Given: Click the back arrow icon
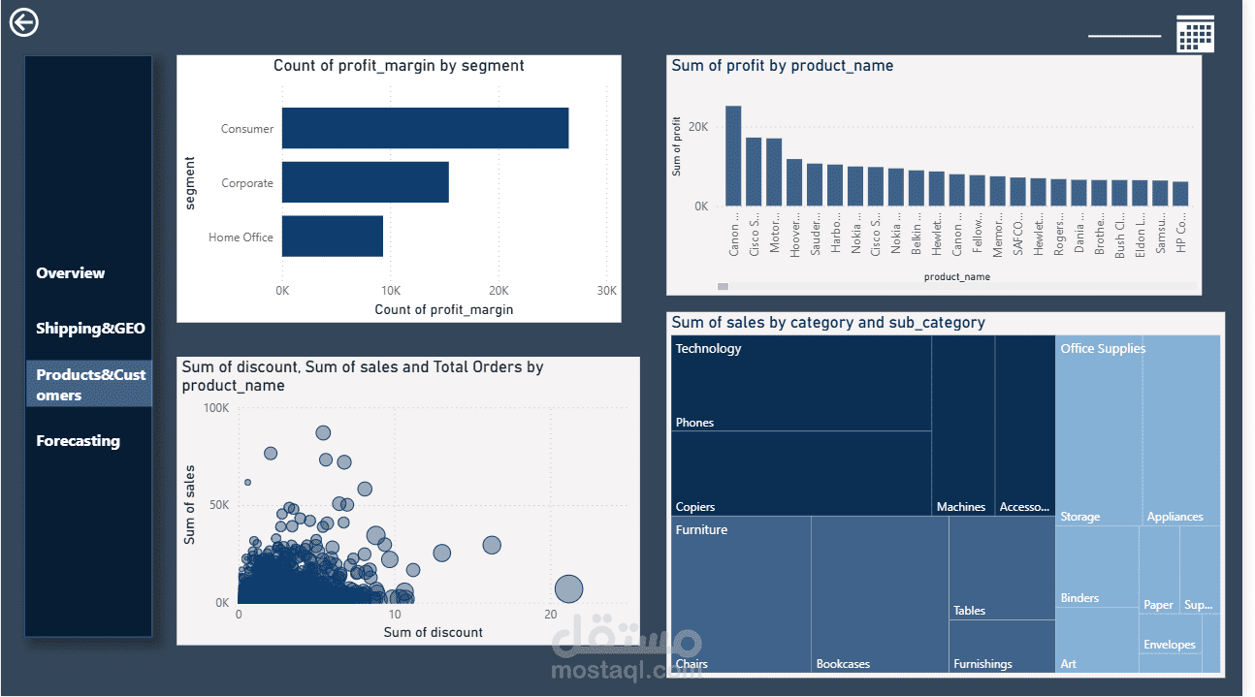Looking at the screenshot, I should point(23,22).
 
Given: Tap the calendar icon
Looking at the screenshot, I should point(1195,34).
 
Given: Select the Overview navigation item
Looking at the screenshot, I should point(71,273).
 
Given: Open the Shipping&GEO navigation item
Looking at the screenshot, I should point(90,329).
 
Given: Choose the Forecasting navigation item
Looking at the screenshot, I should point(78,441).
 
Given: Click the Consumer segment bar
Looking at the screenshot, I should point(425,128).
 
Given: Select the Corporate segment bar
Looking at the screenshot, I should point(365,182).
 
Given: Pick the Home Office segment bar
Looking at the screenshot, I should point(333,237).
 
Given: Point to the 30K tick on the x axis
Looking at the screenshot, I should point(606,291).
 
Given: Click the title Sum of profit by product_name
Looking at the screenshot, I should point(782,66).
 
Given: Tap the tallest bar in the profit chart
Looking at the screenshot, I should point(733,155).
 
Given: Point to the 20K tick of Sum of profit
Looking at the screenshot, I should point(698,127).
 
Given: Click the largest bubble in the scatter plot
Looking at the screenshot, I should point(568,588).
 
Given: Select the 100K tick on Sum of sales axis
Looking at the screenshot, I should point(215,408).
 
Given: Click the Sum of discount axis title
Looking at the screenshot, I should point(433,633).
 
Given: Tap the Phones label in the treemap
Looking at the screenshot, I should point(694,423).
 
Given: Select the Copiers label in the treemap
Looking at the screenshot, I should point(695,507).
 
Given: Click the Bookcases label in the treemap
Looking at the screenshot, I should point(843,664).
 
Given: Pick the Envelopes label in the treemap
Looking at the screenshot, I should point(1170,645).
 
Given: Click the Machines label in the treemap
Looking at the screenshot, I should point(961,507).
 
